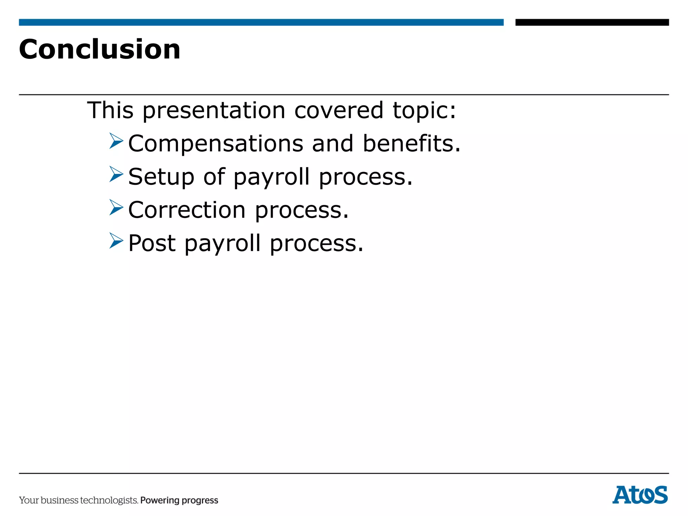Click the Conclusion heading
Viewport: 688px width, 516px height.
click(100, 49)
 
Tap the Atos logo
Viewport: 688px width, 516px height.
click(640, 495)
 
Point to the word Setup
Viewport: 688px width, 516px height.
click(161, 177)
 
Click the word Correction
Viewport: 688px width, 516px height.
click(187, 210)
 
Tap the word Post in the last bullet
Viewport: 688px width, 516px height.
click(152, 243)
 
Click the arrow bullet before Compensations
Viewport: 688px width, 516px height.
click(116, 141)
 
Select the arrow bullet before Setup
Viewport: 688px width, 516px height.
click(116, 174)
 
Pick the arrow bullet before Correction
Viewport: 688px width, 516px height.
click(116, 207)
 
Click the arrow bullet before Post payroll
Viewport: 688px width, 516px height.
click(116, 241)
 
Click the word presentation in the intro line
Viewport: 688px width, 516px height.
click(214, 111)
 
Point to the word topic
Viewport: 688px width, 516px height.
click(424, 111)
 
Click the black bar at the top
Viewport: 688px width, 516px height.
click(592, 22)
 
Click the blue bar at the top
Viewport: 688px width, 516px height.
click(261, 22)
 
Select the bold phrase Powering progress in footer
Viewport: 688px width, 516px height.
click(179, 500)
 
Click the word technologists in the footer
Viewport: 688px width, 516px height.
click(109, 500)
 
